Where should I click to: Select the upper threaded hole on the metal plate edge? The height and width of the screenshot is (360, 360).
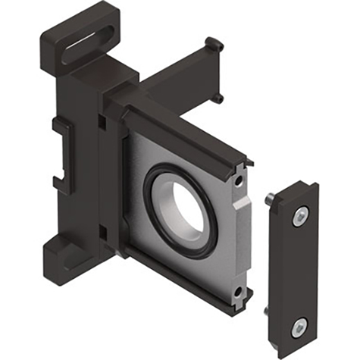(239, 182)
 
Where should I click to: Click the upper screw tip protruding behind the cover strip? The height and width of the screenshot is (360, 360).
(270, 199)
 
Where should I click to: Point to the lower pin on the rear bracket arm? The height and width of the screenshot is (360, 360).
(219, 97)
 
